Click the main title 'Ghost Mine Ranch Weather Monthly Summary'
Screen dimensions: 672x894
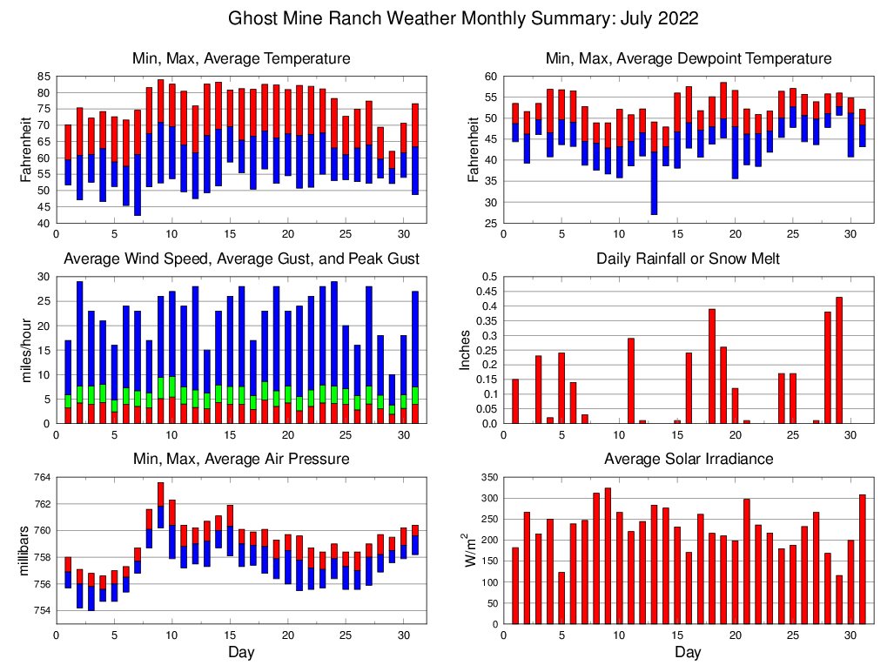tap(462, 18)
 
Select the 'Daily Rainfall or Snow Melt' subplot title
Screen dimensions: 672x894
tap(688, 259)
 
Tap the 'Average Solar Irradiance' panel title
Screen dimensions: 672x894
tap(688, 459)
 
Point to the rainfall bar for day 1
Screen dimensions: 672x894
tap(515, 401)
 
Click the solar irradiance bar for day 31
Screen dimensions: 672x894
tap(862, 559)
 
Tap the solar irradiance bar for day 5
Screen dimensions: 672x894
tap(561, 598)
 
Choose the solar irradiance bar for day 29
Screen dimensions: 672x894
tap(838, 600)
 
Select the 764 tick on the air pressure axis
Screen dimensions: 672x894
tap(42, 477)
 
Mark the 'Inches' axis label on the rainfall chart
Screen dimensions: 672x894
tap(466, 350)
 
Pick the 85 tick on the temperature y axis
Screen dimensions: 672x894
tap(44, 77)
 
